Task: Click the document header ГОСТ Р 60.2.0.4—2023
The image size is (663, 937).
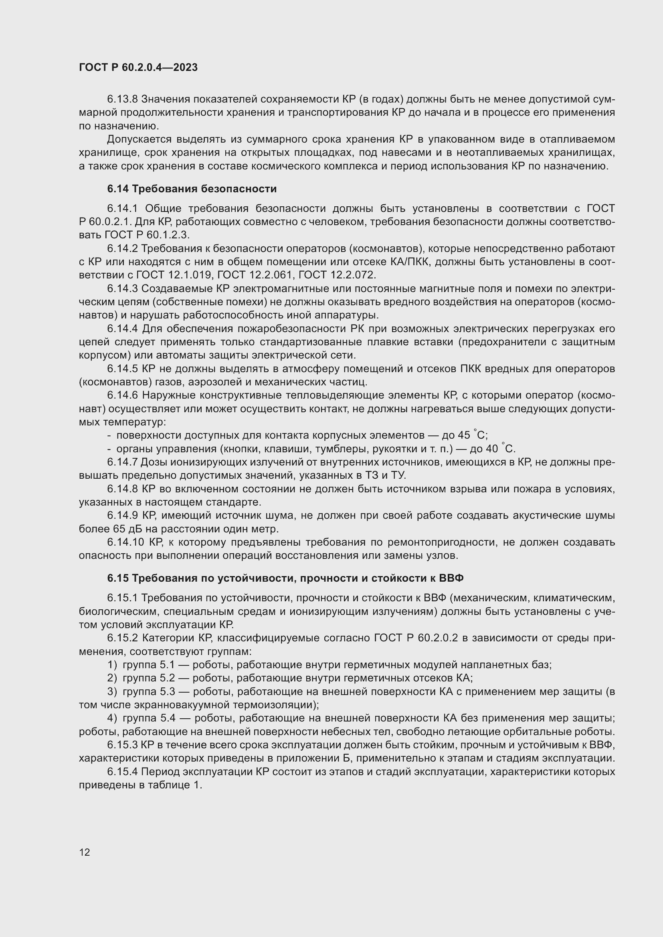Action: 138,67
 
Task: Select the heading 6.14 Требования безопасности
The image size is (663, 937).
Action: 192,189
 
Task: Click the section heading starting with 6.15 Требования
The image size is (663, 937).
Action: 285,578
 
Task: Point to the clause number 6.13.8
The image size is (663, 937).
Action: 123,99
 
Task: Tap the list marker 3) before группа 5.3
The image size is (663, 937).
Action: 112,691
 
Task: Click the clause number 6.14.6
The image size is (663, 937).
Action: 123,395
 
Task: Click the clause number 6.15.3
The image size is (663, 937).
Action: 123,745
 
